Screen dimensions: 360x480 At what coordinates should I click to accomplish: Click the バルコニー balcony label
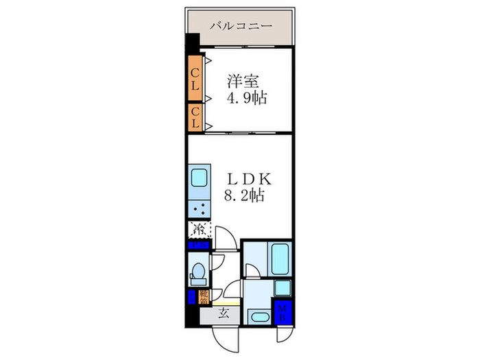click(x=241, y=26)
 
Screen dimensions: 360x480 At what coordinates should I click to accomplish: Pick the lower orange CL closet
click(x=195, y=117)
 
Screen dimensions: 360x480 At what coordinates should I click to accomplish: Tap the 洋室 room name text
click(x=243, y=80)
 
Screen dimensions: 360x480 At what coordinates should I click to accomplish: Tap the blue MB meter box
click(x=283, y=313)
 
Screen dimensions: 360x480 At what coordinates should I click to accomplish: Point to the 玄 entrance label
click(x=224, y=315)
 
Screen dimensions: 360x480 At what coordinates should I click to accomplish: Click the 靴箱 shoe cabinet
click(x=204, y=296)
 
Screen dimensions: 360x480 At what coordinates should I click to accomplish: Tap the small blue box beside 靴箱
click(x=191, y=296)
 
